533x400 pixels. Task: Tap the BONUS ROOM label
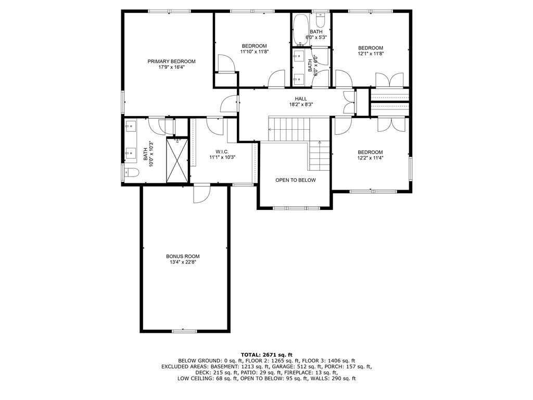(x=183, y=256)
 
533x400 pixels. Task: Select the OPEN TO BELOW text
(x=295, y=180)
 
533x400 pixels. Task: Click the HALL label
(x=301, y=98)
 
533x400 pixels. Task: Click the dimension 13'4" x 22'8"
(x=183, y=262)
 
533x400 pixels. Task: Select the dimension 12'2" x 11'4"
(x=370, y=158)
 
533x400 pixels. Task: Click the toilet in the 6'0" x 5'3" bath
(x=321, y=21)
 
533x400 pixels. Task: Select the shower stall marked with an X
(x=177, y=160)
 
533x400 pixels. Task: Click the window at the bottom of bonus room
(x=184, y=331)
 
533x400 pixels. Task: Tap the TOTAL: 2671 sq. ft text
(x=266, y=354)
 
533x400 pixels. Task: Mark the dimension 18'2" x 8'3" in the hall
(x=301, y=105)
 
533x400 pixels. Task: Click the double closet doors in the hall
(x=349, y=102)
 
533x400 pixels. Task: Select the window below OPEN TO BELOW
(x=295, y=208)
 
